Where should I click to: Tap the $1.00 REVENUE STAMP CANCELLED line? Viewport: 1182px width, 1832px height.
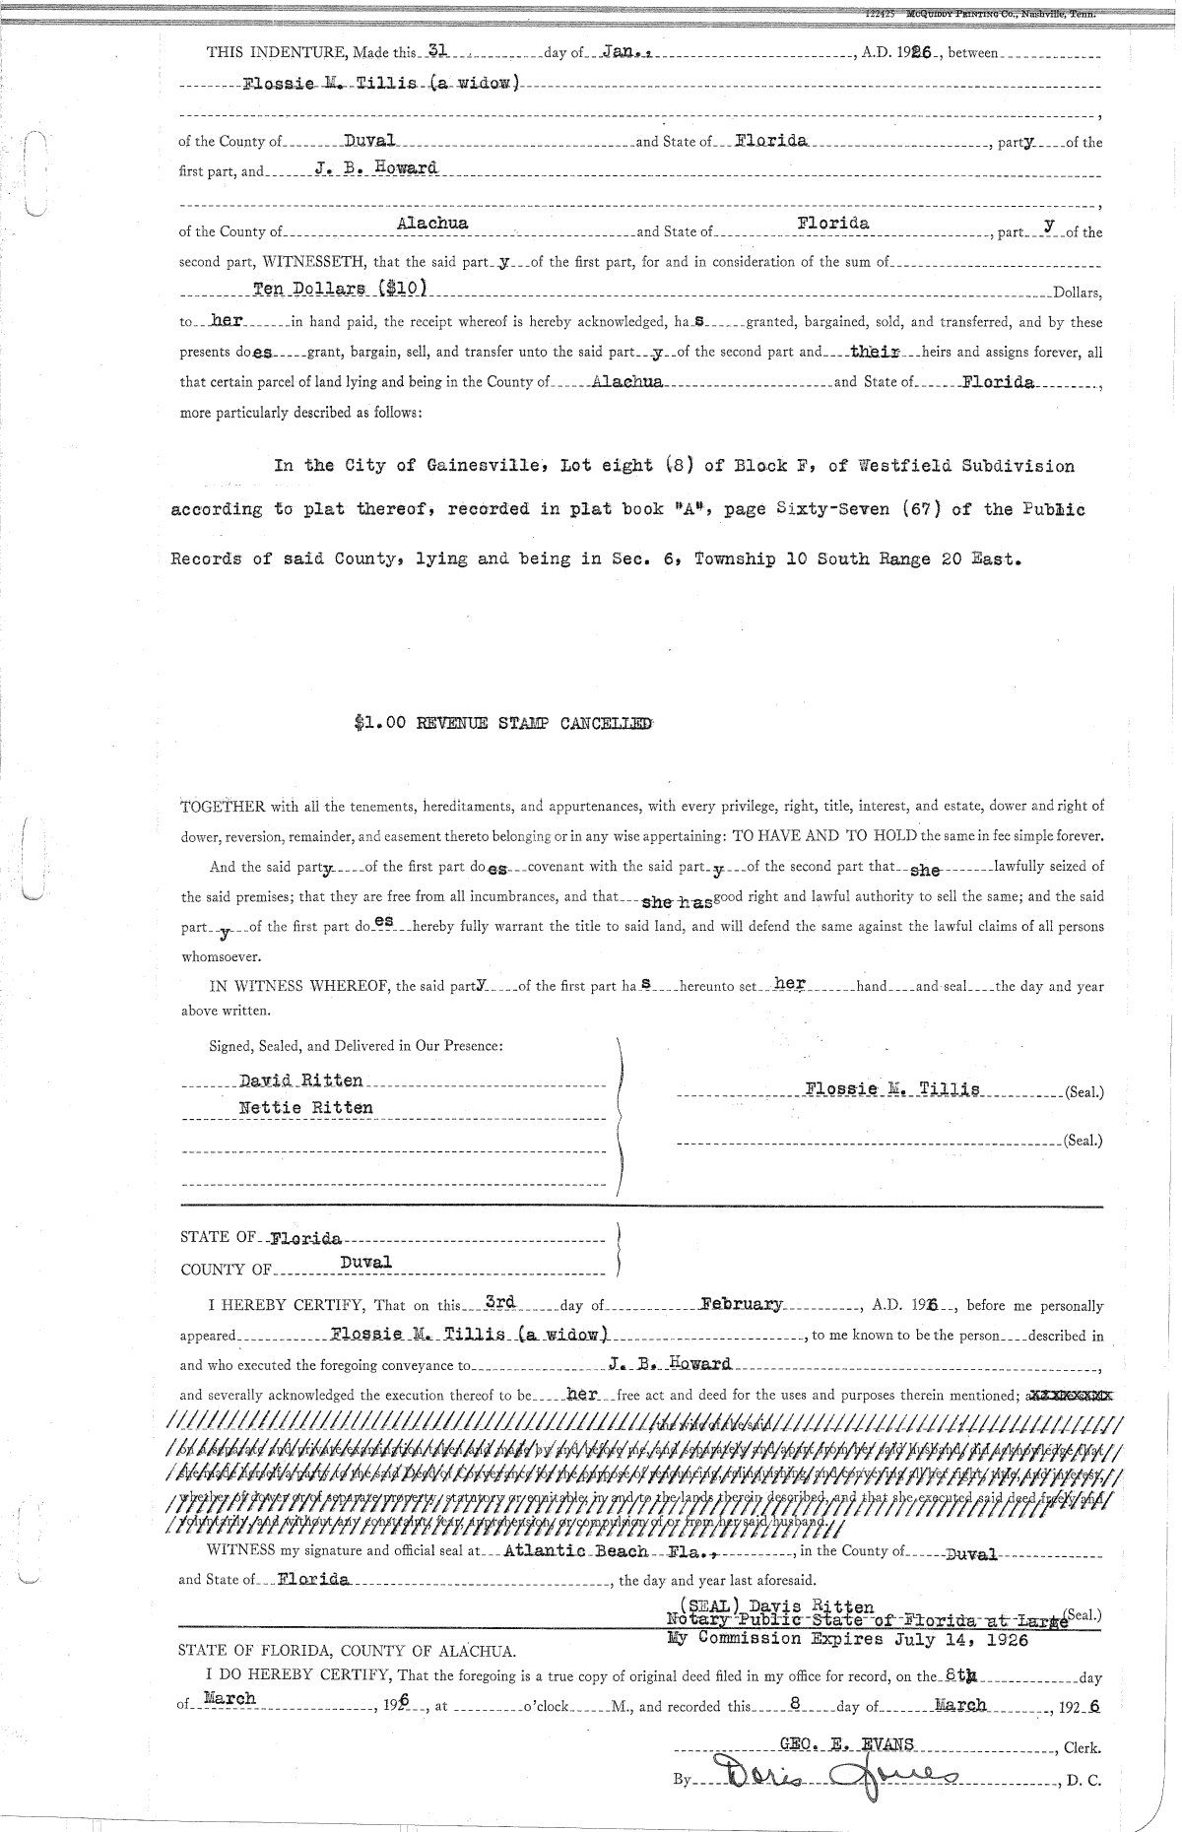(x=502, y=723)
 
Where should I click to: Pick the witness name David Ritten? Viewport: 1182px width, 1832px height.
(x=301, y=1080)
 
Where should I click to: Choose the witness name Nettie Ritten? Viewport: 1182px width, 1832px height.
(x=306, y=1107)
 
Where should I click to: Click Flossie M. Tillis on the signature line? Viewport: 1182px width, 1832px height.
(x=891, y=1088)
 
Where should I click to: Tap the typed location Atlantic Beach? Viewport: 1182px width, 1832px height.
(x=575, y=1550)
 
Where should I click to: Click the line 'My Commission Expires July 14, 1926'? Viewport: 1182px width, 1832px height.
(x=846, y=1640)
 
